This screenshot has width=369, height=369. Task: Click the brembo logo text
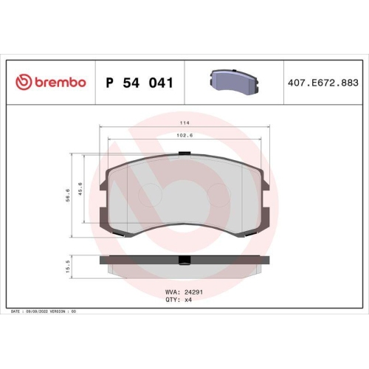point(58,83)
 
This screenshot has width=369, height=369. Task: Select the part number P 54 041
point(140,83)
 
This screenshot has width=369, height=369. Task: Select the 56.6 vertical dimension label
point(68,196)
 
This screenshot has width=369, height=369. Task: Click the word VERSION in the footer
point(60,313)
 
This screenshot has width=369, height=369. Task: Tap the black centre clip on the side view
point(184,260)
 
